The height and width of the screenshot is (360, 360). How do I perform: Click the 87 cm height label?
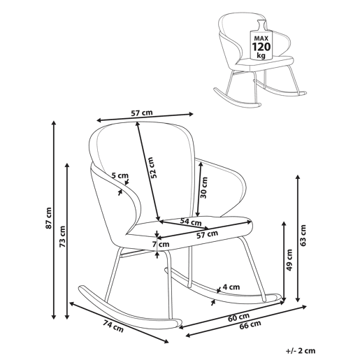click(49, 217)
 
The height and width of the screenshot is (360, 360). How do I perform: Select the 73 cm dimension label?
click(62, 236)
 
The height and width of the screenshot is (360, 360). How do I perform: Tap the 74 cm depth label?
click(113, 326)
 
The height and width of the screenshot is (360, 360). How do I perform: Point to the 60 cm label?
click(238, 317)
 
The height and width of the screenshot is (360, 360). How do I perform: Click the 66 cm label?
click(250, 324)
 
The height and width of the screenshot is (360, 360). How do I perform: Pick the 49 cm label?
click(289, 260)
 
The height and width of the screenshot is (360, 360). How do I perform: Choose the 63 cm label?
click(303, 236)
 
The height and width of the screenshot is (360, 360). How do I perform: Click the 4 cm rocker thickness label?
click(231, 287)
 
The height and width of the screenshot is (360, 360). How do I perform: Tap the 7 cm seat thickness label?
click(161, 245)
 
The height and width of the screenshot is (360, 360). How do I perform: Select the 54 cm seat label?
click(191, 222)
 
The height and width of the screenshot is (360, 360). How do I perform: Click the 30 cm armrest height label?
click(204, 187)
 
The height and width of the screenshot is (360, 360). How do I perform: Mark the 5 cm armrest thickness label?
click(120, 175)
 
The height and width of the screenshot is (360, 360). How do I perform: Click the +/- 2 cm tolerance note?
click(301, 351)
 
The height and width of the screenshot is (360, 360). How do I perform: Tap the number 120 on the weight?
click(261, 47)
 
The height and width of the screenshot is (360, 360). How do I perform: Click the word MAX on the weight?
click(261, 38)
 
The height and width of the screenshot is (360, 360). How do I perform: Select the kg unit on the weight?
click(261, 55)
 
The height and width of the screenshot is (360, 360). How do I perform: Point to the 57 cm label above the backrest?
click(142, 113)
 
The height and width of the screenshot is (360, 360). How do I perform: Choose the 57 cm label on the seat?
click(207, 234)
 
